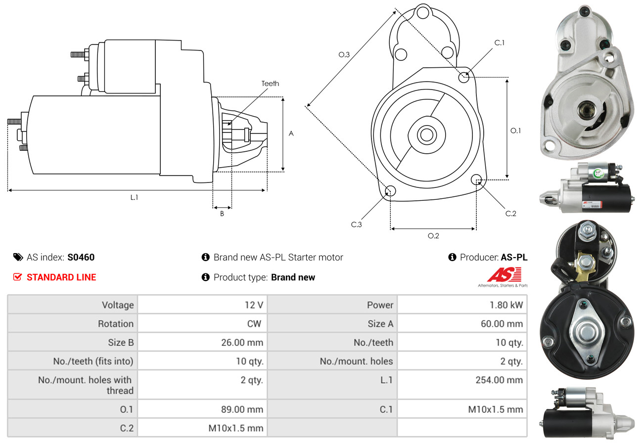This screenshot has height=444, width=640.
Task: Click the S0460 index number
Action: (81, 257)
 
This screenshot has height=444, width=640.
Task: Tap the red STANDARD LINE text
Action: (61, 277)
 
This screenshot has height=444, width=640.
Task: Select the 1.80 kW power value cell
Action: (506, 305)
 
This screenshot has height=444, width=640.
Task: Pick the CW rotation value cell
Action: (254, 324)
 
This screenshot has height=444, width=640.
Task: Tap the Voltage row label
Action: (118, 305)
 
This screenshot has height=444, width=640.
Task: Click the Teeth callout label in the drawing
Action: (270, 84)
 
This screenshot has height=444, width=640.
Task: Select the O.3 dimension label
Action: (344, 55)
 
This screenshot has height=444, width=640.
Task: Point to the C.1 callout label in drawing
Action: (500, 43)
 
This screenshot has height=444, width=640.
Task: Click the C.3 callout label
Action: (357, 224)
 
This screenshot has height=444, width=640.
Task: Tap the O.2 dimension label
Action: (433, 236)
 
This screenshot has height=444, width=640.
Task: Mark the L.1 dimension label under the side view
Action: (134, 197)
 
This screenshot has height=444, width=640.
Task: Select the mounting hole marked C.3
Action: (390, 191)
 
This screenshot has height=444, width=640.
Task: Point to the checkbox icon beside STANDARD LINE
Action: (17, 277)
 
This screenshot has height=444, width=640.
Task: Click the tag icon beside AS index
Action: (18, 257)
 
